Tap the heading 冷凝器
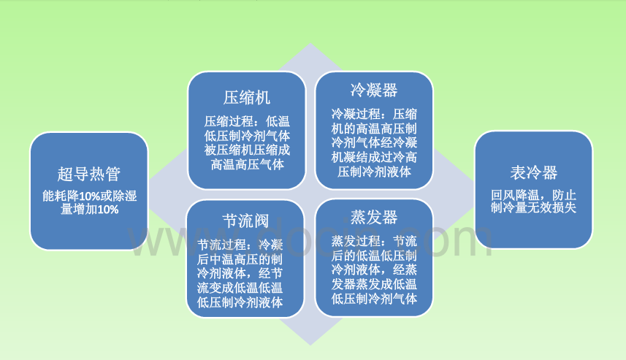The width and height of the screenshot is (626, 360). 373,90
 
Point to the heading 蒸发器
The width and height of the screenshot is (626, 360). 373,217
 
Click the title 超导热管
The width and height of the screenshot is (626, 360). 89,175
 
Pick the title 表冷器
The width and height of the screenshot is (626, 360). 533,173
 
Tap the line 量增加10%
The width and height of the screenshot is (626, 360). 89,210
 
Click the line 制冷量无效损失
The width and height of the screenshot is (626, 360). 533,208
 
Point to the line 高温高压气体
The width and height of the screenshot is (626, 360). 247,165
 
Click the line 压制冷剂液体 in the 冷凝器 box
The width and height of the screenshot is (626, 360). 373,172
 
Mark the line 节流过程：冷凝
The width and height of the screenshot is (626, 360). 246,244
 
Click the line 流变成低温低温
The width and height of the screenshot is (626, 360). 246,288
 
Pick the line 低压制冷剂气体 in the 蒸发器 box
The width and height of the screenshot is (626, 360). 373,299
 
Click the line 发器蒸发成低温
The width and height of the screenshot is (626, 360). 373,284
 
